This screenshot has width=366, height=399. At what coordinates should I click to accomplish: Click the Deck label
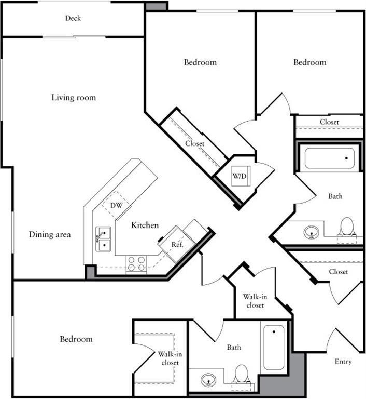coord(73,18)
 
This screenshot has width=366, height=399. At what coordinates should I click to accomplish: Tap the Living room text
coord(74,98)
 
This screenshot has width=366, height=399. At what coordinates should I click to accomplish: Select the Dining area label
coord(50,235)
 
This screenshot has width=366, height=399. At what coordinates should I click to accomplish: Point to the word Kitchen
coord(145,225)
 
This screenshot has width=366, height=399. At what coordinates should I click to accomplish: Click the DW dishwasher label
coord(117,205)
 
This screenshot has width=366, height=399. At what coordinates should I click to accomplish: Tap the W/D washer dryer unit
coord(240,177)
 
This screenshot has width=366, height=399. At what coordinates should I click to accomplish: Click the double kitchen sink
coord(103,239)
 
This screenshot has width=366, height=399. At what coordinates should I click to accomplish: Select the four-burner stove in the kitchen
coord(136,264)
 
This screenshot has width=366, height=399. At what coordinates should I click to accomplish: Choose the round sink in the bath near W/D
coord(311,231)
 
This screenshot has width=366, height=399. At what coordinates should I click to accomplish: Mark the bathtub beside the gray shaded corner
coord(274,347)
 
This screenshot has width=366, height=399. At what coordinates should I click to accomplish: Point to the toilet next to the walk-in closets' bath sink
coord(242,374)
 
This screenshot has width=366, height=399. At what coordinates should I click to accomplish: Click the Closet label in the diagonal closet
coord(195,144)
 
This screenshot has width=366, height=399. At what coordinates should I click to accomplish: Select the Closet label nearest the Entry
coord(339,272)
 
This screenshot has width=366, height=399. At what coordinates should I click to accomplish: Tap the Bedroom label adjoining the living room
coord(200,62)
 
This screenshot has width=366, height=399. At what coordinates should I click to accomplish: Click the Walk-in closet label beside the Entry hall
coord(255,301)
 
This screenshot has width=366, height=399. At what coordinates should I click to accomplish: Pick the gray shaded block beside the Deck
coord(156,6)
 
